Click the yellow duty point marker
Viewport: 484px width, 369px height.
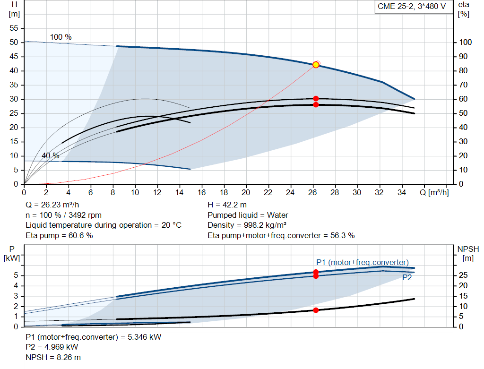coord(316,65)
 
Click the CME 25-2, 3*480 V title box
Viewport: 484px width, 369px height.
coord(412,7)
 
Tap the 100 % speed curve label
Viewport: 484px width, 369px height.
coord(61,37)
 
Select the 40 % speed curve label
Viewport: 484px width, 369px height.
coord(50,156)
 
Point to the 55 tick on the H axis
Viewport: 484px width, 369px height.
coord(14,28)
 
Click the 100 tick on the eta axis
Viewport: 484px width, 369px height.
coord(465,42)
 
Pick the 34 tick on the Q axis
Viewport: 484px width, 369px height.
coord(401,192)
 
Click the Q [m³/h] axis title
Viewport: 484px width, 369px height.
coord(434,192)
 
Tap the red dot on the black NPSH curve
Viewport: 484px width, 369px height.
coord(316,310)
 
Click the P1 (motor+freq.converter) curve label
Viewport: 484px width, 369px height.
coord(363,262)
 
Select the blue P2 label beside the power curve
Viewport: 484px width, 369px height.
coord(407,278)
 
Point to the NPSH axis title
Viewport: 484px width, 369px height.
coord(468,253)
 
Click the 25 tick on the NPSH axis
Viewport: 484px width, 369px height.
coord(463,275)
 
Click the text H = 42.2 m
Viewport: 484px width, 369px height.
coord(227,205)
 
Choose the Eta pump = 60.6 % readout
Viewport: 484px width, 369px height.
coord(59,236)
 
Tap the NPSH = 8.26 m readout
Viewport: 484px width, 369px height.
coord(53,357)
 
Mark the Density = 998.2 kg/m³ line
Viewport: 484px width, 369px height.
coord(247,225)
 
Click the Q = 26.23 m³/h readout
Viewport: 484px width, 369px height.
coord(52,205)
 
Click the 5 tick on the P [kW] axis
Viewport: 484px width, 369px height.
coord(16,275)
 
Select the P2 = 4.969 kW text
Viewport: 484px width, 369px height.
coord(52,347)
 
